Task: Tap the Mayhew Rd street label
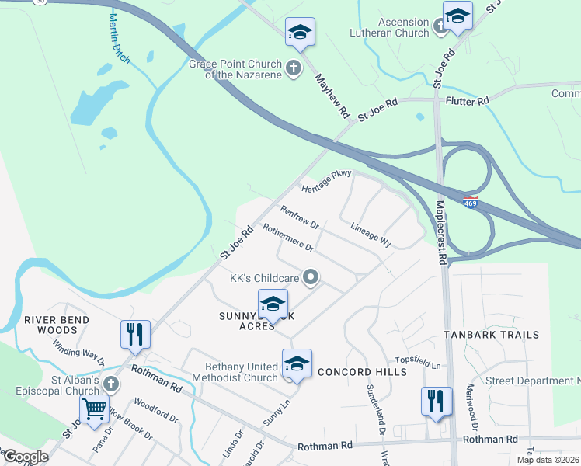coord(332,96)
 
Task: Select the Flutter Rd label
coord(467,101)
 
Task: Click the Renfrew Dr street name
coord(300,217)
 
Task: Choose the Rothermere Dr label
coord(287,238)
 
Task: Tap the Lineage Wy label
coord(371,235)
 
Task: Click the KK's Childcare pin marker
coord(311,276)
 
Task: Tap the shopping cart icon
coord(95,407)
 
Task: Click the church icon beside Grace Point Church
coord(294,68)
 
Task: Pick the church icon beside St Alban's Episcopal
coord(111,384)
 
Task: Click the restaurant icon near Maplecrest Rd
coord(436,401)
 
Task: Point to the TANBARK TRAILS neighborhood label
coord(491,335)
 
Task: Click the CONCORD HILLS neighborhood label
coord(362,372)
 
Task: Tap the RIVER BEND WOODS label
coord(56,325)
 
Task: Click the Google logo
coord(25,457)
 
